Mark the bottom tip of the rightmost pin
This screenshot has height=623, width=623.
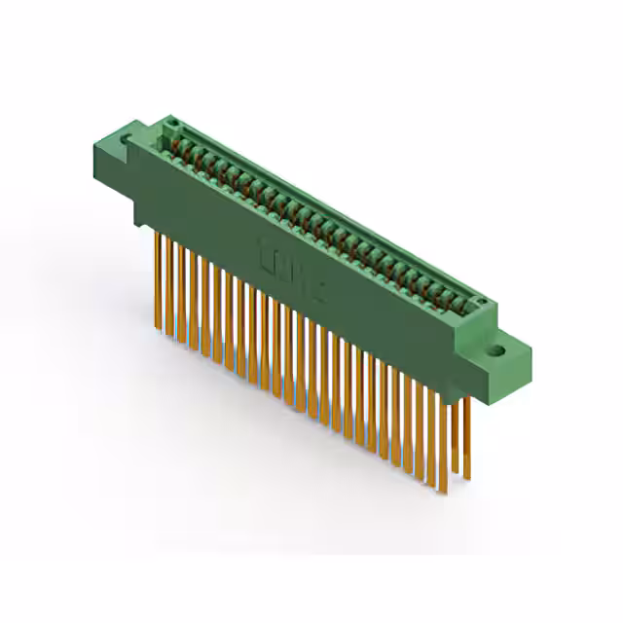(466, 480)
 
